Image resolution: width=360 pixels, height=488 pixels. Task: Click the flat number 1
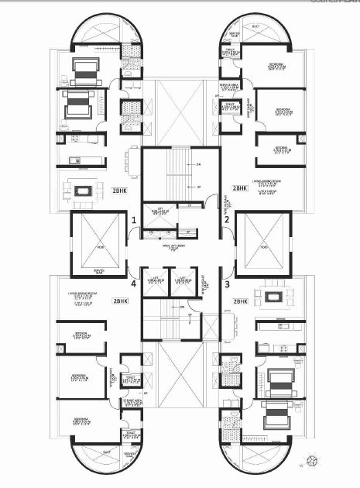134,221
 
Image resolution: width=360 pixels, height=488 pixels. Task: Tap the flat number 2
227,221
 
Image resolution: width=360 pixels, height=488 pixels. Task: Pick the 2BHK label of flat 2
240,187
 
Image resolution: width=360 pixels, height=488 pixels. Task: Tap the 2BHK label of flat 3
239,301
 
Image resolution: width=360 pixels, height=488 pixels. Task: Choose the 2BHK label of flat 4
120,301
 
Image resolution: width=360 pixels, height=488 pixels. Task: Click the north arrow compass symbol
310,462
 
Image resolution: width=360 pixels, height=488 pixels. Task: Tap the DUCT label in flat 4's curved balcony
106,452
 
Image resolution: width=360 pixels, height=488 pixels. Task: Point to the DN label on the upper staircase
198,165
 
